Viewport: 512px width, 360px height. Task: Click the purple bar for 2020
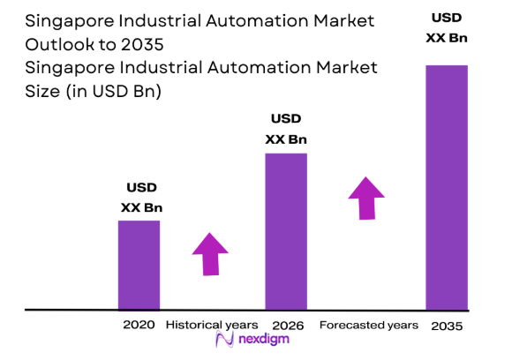139,265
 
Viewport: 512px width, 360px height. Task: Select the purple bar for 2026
286,231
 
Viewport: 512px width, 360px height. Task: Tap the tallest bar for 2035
446,188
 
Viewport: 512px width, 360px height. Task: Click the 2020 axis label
139,325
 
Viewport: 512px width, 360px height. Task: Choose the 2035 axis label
446,326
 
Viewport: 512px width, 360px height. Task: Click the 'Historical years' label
212,325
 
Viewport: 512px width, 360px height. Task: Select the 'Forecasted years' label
368,325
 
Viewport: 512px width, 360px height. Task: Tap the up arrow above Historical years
210,254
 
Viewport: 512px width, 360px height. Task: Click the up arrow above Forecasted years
365,198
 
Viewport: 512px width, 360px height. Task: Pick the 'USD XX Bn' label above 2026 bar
286,129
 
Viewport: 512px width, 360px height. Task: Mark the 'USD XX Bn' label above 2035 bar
446,27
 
